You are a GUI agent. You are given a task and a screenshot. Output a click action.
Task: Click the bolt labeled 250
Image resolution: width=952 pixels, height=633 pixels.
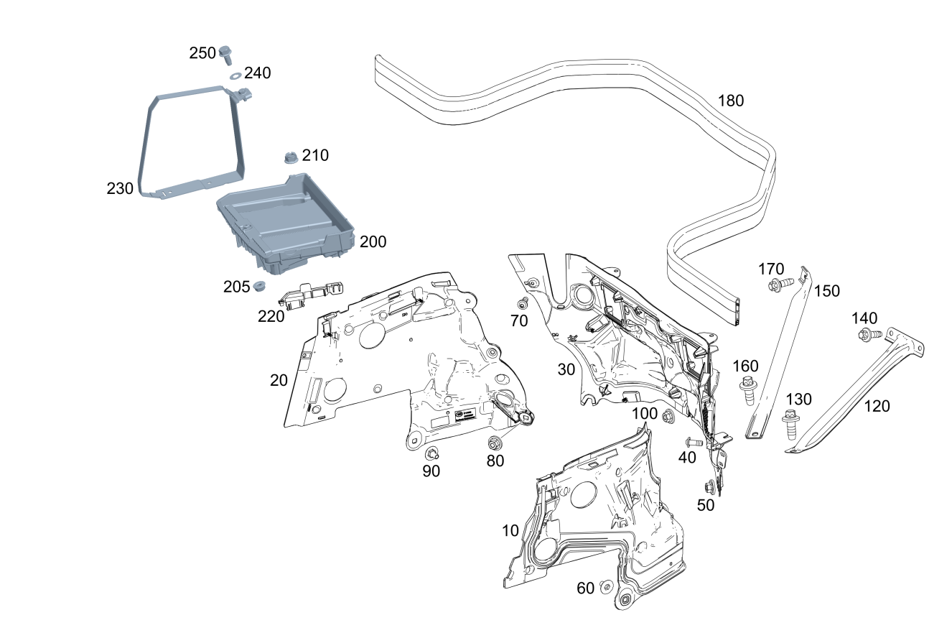[x=225, y=55]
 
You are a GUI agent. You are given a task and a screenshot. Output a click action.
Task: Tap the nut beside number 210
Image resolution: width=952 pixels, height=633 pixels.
[x=291, y=158]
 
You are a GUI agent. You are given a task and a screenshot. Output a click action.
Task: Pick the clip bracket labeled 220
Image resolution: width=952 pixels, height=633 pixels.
[x=310, y=294]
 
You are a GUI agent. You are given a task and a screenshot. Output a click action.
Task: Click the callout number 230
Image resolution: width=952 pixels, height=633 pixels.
[x=120, y=188]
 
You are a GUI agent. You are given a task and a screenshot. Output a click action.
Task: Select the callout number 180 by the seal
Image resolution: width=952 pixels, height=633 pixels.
[x=731, y=101]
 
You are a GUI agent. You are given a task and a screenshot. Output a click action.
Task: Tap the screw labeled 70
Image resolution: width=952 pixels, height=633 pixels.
[x=523, y=303]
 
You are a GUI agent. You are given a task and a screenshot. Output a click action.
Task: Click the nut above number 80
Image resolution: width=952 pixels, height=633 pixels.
[x=494, y=443]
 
